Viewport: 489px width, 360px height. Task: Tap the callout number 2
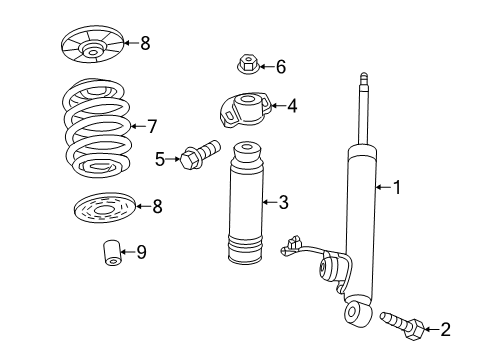pyautogui.click(x=445, y=327)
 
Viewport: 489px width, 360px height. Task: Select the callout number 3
pyautogui.click(x=283, y=202)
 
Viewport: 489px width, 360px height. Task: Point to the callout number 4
pyautogui.click(x=291, y=104)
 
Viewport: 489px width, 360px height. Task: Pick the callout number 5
pyautogui.click(x=160, y=157)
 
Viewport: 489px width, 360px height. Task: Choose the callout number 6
pyautogui.click(x=280, y=67)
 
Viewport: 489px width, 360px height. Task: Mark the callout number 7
pyautogui.click(x=152, y=126)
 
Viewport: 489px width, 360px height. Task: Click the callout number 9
pyautogui.click(x=141, y=252)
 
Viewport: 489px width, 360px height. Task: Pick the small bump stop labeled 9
pyautogui.click(x=112, y=255)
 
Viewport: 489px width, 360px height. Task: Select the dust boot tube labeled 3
pyautogui.click(x=240, y=215)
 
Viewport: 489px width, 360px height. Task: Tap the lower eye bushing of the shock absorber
pyautogui.click(x=355, y=313)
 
